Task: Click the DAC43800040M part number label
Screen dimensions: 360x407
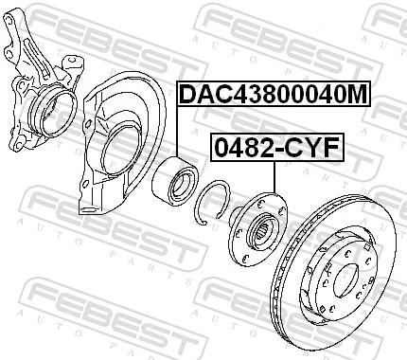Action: point(273,95)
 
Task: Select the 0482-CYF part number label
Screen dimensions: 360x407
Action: point(274,149)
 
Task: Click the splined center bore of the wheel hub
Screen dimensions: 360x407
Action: point(262,228)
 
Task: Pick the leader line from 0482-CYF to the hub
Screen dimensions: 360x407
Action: point(274,175)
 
